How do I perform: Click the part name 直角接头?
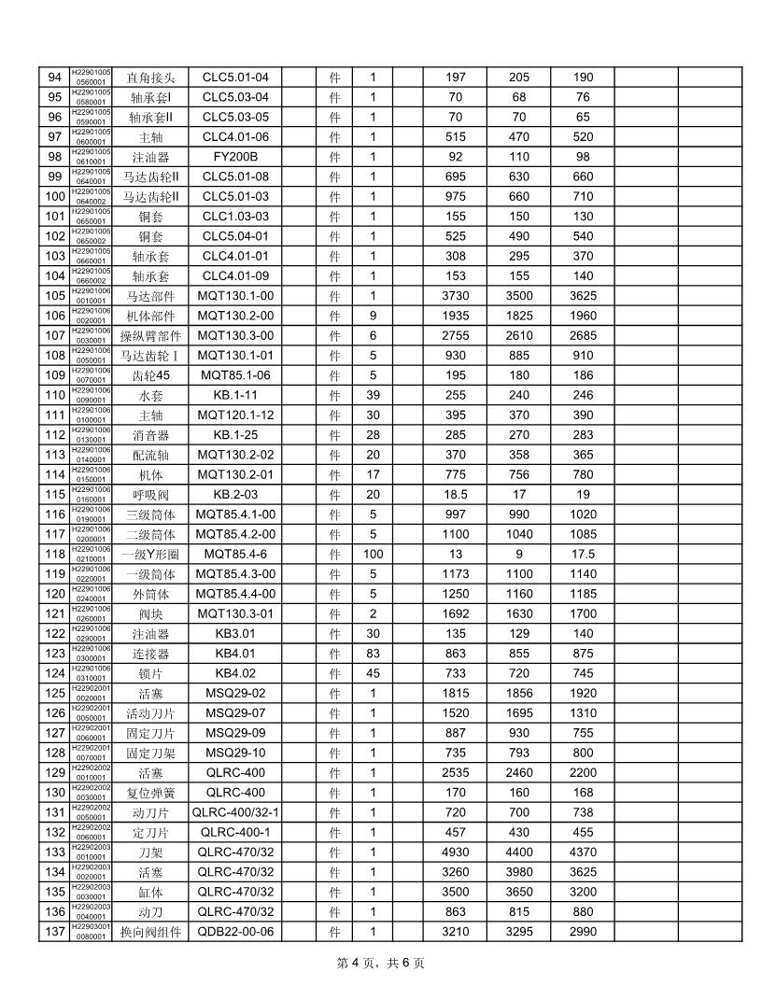point(150,77)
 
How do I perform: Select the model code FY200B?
point(235,157)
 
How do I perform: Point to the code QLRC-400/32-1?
point(235,812)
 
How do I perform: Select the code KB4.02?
point(235,673)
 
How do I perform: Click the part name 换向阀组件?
point(150,931)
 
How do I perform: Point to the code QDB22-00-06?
point(235,931)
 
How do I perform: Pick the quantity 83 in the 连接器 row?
point(373,653)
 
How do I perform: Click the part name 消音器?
point(150,434)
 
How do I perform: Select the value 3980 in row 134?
point(518,872)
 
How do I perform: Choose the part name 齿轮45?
point(150,374)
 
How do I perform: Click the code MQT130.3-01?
point(235,613)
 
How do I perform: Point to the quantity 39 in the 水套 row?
point(373,395)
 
